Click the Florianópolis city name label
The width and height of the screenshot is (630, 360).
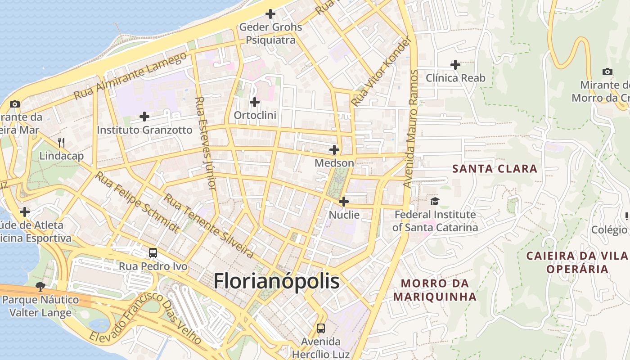tap(276, 281)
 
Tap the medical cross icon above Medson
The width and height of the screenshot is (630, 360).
tap(334, 150)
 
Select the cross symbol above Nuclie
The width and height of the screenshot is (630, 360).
tap(344, 202)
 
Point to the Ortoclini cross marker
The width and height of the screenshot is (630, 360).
tap(255, 102)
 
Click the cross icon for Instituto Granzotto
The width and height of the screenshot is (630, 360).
tap(144, 117)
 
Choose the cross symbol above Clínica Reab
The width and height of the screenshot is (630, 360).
tap(455, 65)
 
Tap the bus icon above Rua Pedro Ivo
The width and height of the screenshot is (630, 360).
tap(153, 253)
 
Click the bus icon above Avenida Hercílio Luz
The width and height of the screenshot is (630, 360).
tap(320, 328)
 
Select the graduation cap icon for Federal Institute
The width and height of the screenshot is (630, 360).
tap(435, 201)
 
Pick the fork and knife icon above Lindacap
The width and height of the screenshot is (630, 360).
tap(61, 143)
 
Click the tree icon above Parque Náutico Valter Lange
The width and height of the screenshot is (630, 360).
tap(40, 287)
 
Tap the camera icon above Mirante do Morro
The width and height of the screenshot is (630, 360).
tap(607, 72)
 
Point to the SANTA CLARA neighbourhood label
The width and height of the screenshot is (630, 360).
tap(495, 169)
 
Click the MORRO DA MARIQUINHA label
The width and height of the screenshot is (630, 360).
tap(435, 290)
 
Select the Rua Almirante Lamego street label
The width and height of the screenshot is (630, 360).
tap(130, 76)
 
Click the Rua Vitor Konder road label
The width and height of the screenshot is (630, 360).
tap(381, 72)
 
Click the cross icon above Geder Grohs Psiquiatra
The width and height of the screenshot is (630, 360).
tap(270, 14)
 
